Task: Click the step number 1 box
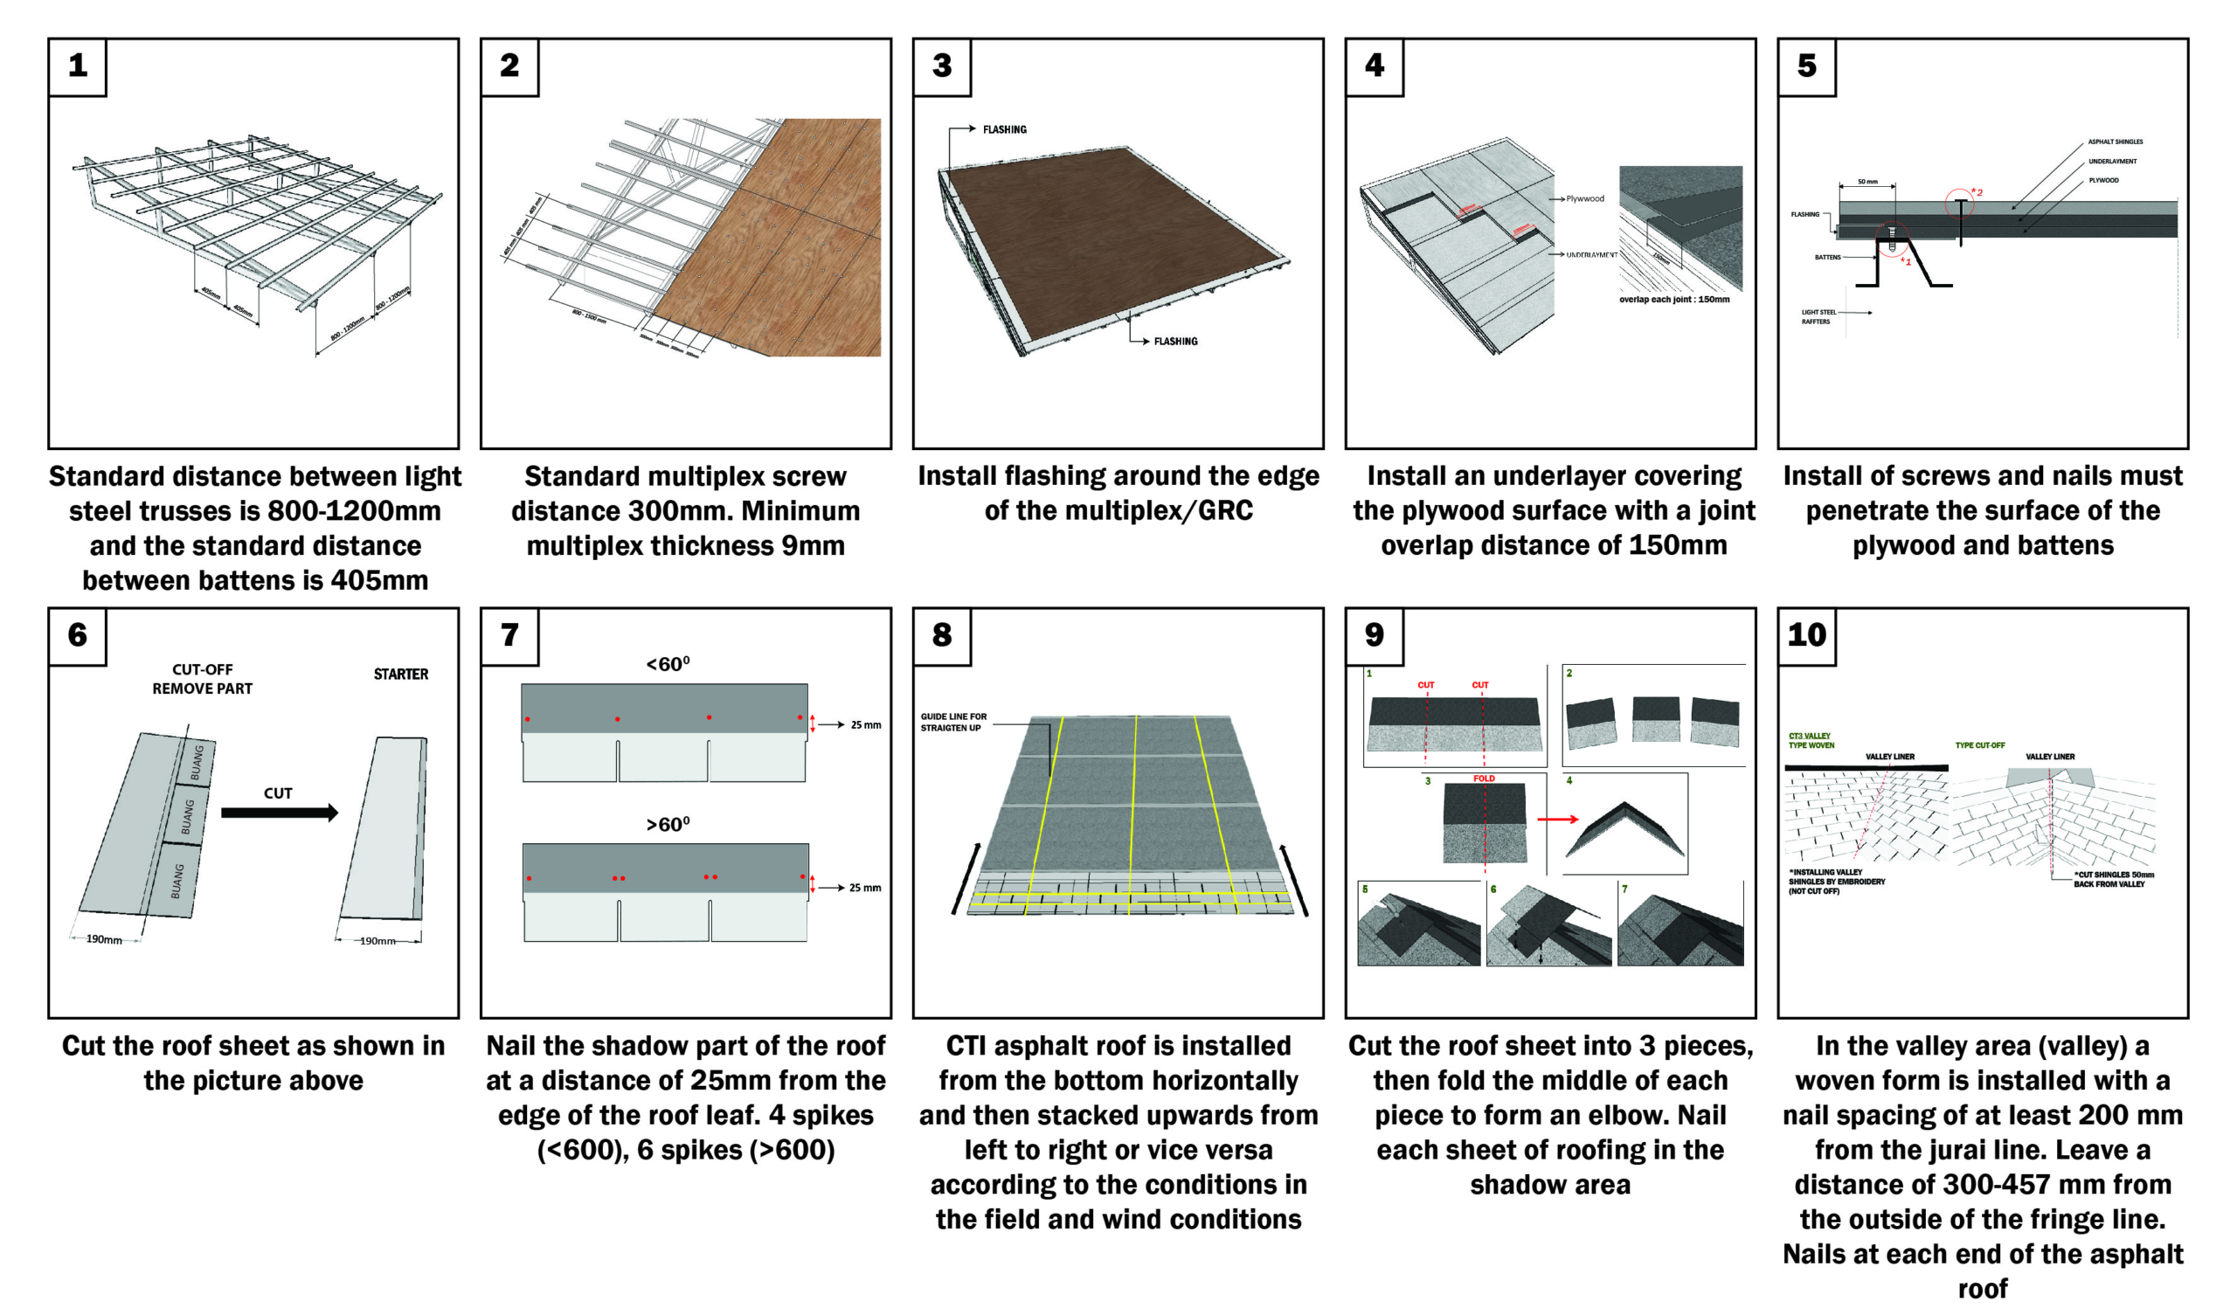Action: tap(77, 66)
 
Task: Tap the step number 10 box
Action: tap(1806, 636)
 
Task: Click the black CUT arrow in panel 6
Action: tap(280, 813)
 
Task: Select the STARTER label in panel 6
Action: tap(400, 675)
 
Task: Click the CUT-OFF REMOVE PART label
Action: tap(203, 679)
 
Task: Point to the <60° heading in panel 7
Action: tap(668, 664)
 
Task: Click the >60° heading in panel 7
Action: tap(668, 825)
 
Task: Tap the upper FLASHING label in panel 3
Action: tap(1004, 129)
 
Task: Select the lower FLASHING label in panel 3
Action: tap(1175, 342)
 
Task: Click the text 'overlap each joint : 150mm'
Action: tap(1674, 300)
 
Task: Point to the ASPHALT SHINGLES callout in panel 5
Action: tap(2115, 142)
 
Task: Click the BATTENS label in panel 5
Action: tap(1827, 258)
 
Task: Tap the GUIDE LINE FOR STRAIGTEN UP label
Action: tap(953, 722)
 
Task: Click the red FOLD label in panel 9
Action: tap(1485, 779)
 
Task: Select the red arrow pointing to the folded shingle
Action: tap(1557, 820)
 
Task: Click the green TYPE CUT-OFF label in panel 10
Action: tap(1979, 746)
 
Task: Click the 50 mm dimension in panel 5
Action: tap(1867, 182)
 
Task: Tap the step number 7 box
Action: tap(509, 636)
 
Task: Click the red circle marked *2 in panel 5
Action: tap(1960, 204)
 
